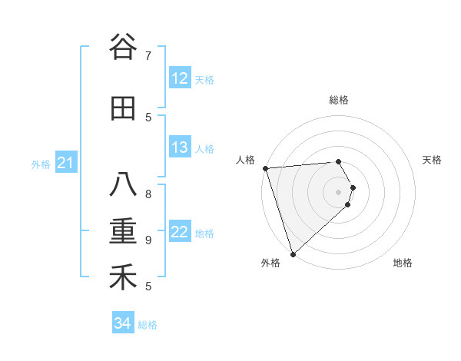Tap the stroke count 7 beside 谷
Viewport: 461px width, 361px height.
click(148, 56)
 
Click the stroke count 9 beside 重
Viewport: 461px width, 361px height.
click(148, 240)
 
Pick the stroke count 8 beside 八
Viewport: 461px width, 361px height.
click(148, 194)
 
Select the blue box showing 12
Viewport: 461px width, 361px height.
click(180, 78)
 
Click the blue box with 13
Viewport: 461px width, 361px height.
click(180, 147)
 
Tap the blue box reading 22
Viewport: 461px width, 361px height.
click(180, 232)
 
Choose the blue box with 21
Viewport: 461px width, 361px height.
click(66, 163)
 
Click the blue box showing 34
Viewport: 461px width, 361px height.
click(123, 323)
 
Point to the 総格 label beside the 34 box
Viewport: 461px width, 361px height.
click(148, 325)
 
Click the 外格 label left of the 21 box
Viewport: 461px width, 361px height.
click(41, 164)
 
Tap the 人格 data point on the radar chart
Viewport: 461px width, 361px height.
click(265, 168)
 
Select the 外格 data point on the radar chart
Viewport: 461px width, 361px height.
click(292, 253)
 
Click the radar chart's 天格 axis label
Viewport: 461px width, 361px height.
click(433, 160)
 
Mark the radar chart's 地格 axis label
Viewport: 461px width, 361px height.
click(403, 263)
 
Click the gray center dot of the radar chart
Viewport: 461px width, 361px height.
click(338, 191)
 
